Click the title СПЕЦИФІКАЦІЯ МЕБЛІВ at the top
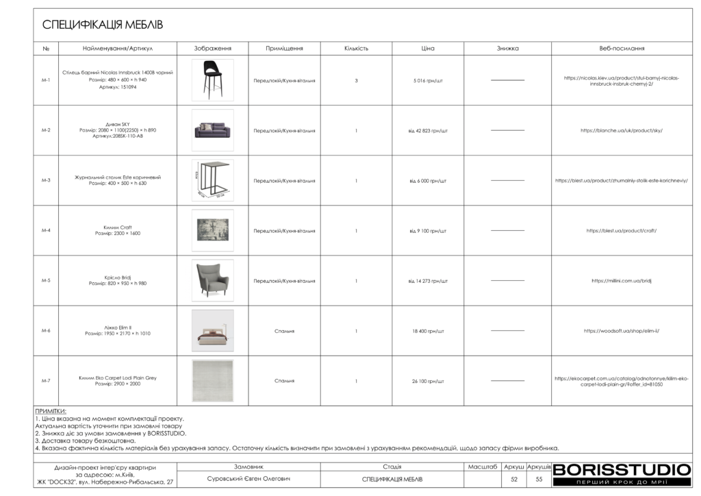(x=103, y=25)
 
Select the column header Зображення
(x=212, y=49)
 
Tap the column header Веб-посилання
(x=622, y=49)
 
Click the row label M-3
(x=46, y=180)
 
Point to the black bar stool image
(x=212, y=79)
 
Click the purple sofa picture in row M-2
(x=212, y=130)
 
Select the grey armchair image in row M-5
(x=212, y=280)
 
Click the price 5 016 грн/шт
(x=428, y=80)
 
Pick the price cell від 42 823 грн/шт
(x=428, y=130)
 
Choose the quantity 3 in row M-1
(x=356, y=80)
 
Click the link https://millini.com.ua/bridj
(x=622, y=281)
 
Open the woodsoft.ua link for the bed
(x=622, y=331)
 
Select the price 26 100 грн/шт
(x=428, y=381)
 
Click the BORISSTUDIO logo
(x=622, y=470)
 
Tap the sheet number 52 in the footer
(x=513, y=479)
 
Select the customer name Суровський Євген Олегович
(x=248, y=479)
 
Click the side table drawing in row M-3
(x=212, y=180)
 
